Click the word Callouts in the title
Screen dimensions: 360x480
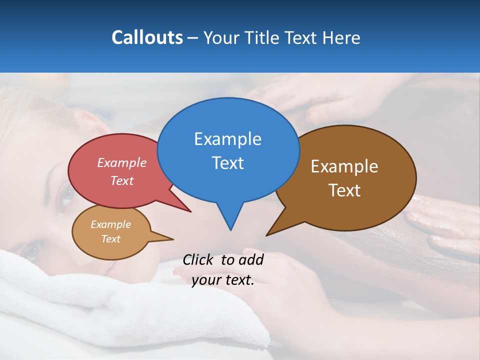147,37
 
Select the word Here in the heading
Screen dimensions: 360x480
341,37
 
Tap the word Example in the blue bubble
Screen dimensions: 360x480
227,139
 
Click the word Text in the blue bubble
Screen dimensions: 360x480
227,163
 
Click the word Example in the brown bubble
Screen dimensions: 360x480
344,166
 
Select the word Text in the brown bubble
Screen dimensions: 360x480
344,190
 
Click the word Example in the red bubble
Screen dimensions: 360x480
121,163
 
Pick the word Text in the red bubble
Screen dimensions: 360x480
121,181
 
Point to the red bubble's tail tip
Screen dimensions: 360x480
190,211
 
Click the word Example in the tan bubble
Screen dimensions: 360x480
110,224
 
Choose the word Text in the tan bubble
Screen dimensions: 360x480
110,239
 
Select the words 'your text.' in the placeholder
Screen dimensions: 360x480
223,280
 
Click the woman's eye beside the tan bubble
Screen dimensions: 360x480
33,250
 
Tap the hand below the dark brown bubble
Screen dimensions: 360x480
440,220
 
